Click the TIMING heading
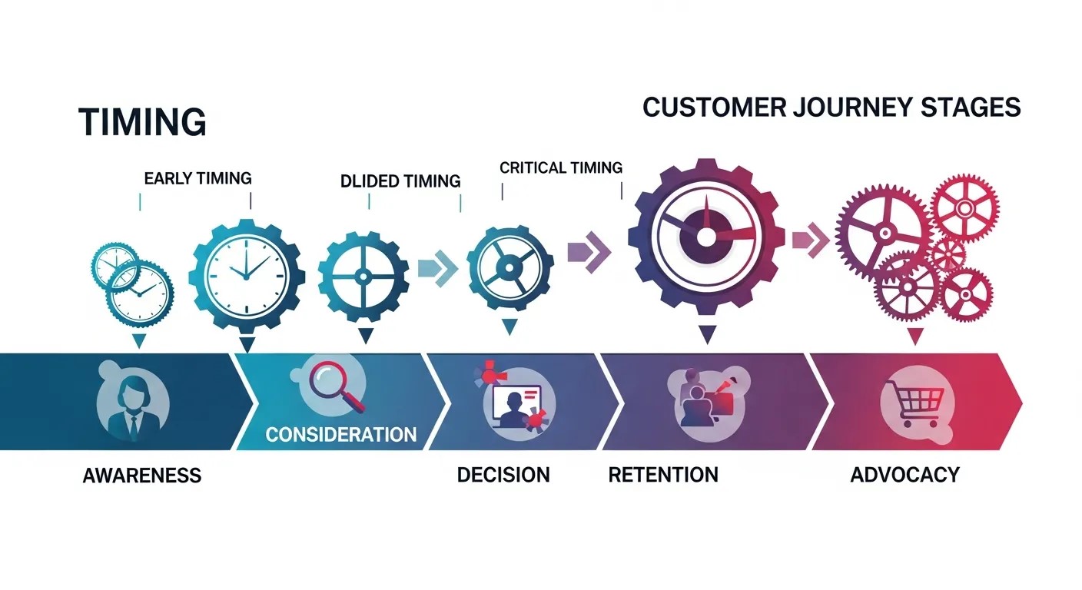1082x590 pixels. click(x=142, y=122)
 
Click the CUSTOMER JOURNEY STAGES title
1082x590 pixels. click(x=831, y=107)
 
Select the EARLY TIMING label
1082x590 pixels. click(x=197, y=178)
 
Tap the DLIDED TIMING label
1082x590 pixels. click(x=400, y=181)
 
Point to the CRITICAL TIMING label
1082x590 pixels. click(x=561, y=167)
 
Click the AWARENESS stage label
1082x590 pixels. click(x=141, y=475)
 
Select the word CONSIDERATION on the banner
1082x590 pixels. click(x=341, y=434)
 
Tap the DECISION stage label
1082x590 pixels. click(x=503, y=475)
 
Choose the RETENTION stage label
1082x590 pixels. click(x=663, y=475)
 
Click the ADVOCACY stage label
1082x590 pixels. click(x=904, y=475)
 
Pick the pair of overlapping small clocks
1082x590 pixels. click(x=131, y=281)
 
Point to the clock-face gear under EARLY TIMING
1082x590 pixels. click(x=247, y=275)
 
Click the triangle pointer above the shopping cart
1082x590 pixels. click(x=914, y=336)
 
